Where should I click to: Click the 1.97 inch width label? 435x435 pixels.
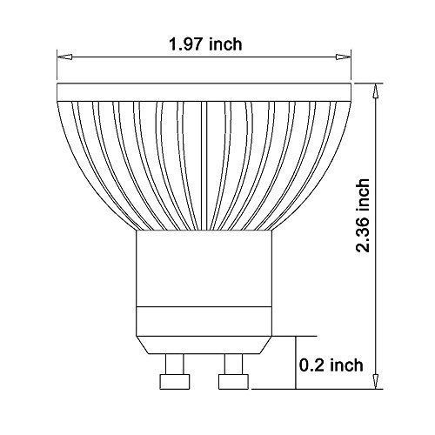pos(205,44)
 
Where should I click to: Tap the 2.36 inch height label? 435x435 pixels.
pos(363,216)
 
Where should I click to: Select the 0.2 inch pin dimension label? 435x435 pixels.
pos(331,365)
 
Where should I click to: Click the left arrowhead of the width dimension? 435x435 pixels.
pos(64,57)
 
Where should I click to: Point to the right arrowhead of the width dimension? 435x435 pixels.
pos(344,57)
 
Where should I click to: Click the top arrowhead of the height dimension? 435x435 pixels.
pos(376,90)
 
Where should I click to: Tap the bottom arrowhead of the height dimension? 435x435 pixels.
pos(376,381)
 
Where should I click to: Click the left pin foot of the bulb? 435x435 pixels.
pos(175,382)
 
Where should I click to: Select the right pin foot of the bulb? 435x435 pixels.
pos(233,382)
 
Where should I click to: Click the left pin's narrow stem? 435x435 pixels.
pos(174,364)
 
